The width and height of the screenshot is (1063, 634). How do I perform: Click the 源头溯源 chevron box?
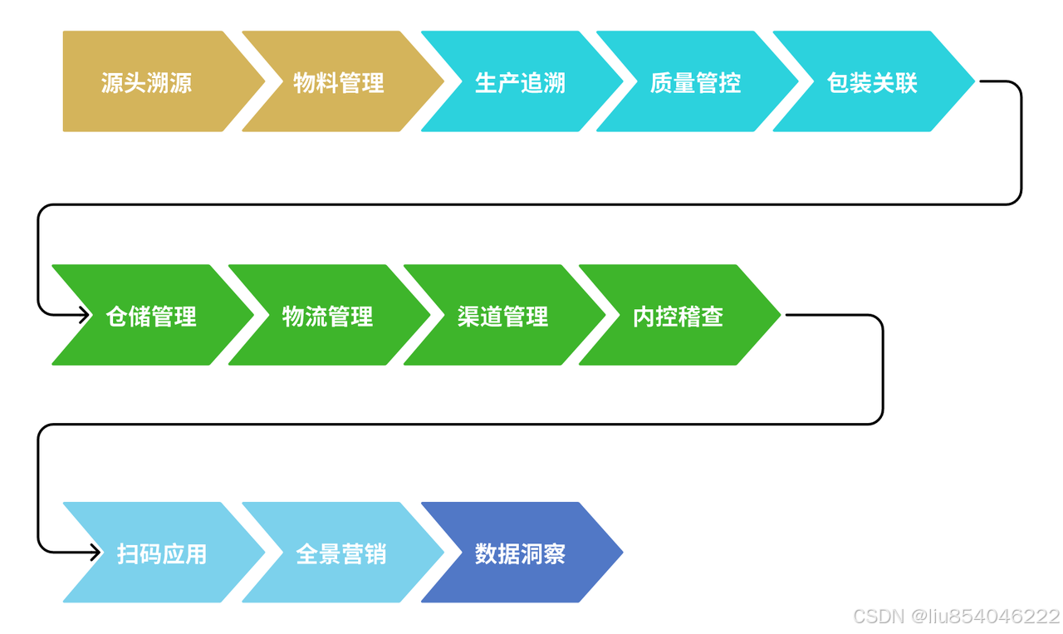tap(147, 82)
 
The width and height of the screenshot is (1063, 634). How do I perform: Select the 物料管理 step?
tap(339, 82)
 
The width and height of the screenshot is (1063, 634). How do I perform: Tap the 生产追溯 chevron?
tap(520, 82)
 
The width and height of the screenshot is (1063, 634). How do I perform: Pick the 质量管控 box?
tap(695, 82)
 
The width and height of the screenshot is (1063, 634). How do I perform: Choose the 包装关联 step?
tap(872, 82)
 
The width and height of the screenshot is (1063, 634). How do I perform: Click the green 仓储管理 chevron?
tap(151, 316)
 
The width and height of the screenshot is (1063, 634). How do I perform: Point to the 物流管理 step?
tap(327, 316)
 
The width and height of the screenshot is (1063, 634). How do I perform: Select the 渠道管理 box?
tap(502, 316)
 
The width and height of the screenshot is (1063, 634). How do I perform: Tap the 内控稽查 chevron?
tap(678, 316)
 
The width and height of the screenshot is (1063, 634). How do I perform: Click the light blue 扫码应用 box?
tap(162, 553)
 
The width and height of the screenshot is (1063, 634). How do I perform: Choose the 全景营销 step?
tap(340, 553)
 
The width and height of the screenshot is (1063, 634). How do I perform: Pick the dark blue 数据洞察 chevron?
tap(520, 553)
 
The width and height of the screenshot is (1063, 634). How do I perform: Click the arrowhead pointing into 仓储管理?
tap(85, 315)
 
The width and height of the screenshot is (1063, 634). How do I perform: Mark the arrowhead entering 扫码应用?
tap(96, 552)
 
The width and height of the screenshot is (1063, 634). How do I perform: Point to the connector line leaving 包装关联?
tap(1021, 141)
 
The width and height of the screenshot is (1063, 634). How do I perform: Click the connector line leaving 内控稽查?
tap(882, 370)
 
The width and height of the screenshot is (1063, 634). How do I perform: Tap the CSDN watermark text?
tap(879, 616)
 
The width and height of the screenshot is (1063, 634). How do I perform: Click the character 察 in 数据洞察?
tap(554, 553)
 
